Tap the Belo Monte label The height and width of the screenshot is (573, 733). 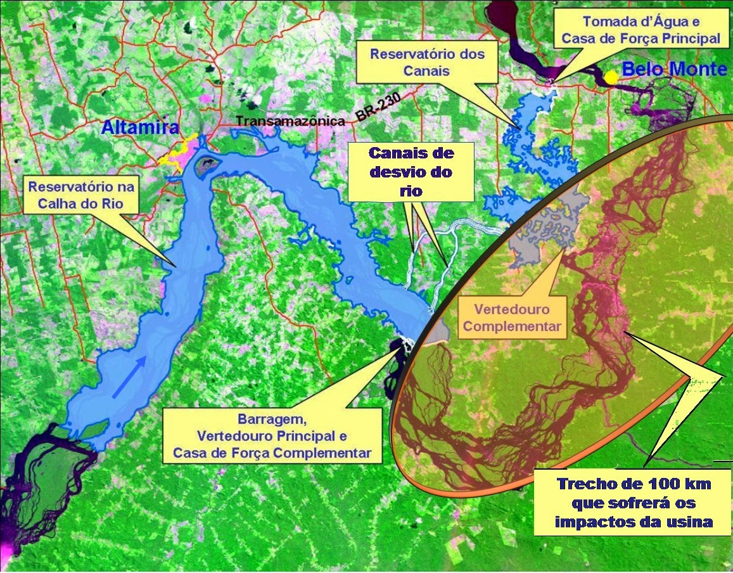tap(673, 70)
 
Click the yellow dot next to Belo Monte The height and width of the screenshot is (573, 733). tap(611, 77)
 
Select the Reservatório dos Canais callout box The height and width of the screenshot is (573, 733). tap(427, 62)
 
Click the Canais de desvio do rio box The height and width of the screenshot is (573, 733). tap(412, 171)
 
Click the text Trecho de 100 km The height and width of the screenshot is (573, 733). tap(634, 484)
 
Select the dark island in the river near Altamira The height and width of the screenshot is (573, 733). tap(206, 166)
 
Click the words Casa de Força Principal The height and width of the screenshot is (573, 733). tap(641, 38)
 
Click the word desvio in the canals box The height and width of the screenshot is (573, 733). tap(412, 172)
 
